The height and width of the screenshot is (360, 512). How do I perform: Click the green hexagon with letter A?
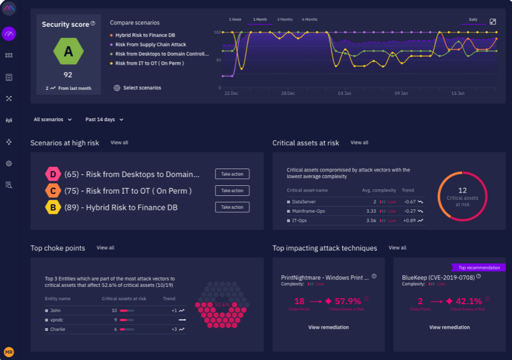click(68, 52)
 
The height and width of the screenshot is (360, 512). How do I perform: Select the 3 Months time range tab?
click(285, 20)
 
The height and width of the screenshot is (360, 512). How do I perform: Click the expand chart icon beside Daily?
click(492, 21)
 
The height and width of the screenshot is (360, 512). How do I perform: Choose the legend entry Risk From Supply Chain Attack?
click(150, 45)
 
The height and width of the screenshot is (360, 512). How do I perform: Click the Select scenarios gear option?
click(137, 88)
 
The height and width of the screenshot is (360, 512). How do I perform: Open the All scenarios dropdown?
click(52, 119)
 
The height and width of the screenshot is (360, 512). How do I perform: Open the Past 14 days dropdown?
click(104, 119)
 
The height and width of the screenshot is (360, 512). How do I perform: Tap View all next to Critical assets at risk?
click(359, 143)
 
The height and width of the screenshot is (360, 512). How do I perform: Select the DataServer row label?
click(304, 201)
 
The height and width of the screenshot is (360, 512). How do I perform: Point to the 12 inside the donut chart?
click(462, 190)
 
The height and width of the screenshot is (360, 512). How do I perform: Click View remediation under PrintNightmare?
click(328, 328)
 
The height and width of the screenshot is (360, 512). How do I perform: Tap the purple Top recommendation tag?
click(475, 267)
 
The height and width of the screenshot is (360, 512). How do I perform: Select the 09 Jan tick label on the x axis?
click(401, 93)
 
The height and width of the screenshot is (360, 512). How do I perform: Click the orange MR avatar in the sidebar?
click(9, 352)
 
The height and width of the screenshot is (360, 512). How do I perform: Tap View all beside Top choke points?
click(105, 248)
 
